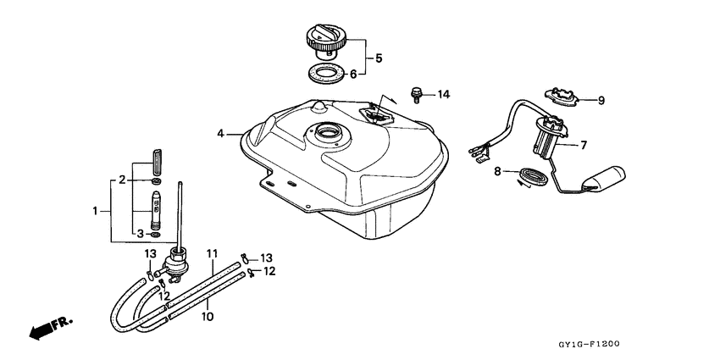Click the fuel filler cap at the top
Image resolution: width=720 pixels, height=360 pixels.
click(x=326, y=41)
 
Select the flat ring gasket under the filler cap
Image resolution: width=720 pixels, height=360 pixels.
click(x=326, y=74)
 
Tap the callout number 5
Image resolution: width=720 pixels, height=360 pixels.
click(x=379, y=58)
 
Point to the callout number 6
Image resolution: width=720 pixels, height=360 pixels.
click(x=367, y=74)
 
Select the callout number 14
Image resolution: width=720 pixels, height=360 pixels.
click(x=444, y=92)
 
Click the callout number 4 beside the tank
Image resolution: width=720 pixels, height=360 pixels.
click(x=220, y=133)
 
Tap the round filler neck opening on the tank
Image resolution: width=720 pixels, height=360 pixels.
click(x=325, y=133)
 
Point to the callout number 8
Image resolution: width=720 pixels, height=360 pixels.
click(x=499, y=172)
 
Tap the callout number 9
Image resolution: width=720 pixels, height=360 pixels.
click(x=601, y=100)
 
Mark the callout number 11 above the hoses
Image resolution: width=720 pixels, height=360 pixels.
click(x=213, y=253)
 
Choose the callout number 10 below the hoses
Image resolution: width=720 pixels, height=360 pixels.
click(x=208, y=317)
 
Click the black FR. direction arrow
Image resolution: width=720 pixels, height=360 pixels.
click(x=47, y=329)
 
